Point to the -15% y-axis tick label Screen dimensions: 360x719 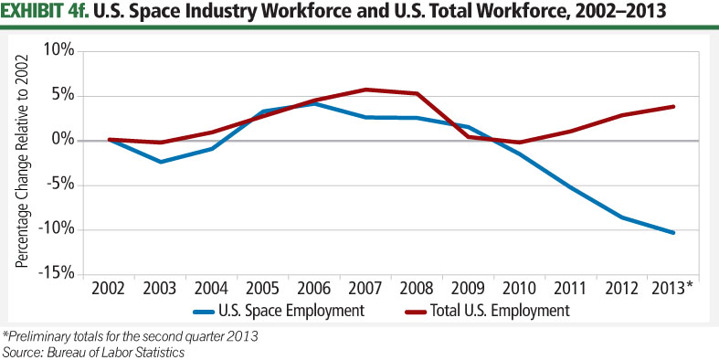pos(57,273)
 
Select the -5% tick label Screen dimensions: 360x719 pos(59,185)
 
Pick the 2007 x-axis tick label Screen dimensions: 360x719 pos(365,289)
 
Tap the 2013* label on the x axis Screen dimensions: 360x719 pos(674,289)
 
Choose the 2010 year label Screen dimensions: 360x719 pos(519,289)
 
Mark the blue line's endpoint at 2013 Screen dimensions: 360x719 pos(673,233)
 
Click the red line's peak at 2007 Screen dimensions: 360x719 pos(365,90)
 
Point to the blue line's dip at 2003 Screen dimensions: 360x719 pos(161,162)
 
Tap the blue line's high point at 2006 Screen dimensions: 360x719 pos(314,103)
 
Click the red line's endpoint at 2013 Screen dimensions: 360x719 pos(673,106)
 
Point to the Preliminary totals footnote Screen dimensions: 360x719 pos(130,335)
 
